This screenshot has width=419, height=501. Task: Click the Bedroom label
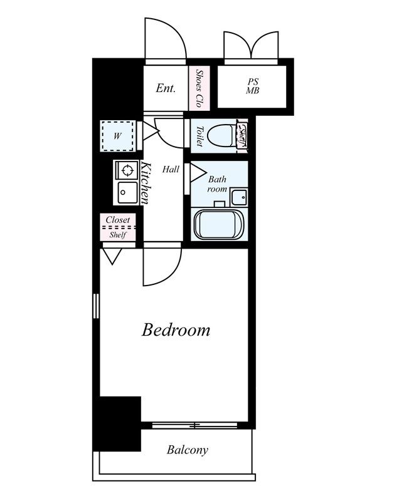pyautogui.click(x=176, y=330)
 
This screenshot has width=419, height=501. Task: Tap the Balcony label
pyautogui.click(x=188, y=450)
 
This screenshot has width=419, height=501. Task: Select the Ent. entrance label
pyautogui.click(x=166, y=88)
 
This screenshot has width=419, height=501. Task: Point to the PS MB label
pyautogui.click(x=253, y=86)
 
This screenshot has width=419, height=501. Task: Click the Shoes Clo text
pyautogui.click(x=199, y=88)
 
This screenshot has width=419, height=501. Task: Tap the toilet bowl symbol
pyautogui.click(x=221, y=135)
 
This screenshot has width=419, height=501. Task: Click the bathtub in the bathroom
pyautogui.click(x=220, y=224)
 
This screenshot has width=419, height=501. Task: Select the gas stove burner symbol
pyautogui.click(x=127, y=170)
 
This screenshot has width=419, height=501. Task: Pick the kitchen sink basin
pyautogui.click(x=127, y=192)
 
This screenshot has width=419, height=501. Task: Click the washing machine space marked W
pyautogui.click(x=118, y=136)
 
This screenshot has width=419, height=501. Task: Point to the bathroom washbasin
pyautogui.click(x=239, y=197)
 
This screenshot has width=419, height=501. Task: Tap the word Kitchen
pyautogui.click(x=146, y=183)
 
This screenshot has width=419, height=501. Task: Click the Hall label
pyautogui.click(x=171, y=169)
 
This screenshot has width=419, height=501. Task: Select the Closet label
pyautogui.click(x=118, y=220)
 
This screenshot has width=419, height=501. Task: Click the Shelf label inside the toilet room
pyautogui.click(x=242, y=135)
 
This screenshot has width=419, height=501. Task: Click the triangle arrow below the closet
pyautogui.click(x=112, y=257)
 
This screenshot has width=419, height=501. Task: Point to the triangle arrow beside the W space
pyautogui.click(x=151, y=131)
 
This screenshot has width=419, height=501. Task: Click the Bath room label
pyautogui.click(x=218, y=183)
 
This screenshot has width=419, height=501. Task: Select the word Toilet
pyautogui.click(x=199, y=137)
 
